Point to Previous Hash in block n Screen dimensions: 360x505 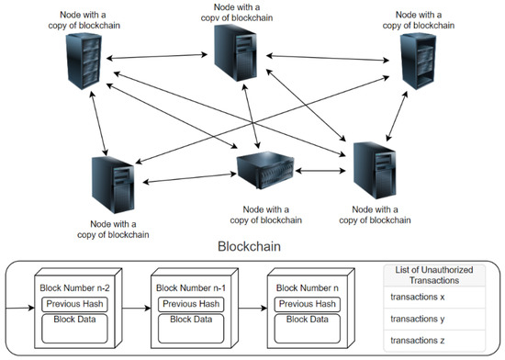307,304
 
